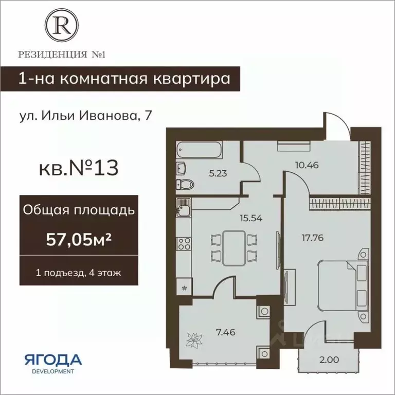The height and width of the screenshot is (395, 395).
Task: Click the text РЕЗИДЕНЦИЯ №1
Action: (x=61, y=53)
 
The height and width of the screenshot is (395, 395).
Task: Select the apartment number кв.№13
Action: (x=78, y=168)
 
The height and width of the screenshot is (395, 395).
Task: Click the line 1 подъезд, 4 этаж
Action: (x=78, y=273)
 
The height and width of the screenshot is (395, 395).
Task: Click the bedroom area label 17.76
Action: (x=312, y=238)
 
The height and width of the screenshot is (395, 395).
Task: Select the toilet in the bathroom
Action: (x=185, y=184)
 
